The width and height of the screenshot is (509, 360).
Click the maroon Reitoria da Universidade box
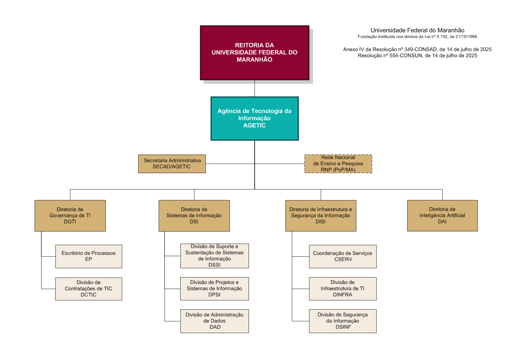(255, 53)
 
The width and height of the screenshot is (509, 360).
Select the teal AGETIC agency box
(255, 118)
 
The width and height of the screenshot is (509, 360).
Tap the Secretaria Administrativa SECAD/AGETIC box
(172, 164)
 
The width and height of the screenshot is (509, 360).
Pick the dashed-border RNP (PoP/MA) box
(338, 164)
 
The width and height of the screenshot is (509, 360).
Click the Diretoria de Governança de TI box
(70, 215)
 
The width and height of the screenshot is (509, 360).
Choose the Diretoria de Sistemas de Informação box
(194, 215)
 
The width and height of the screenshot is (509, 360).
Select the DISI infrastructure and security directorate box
(321, 215)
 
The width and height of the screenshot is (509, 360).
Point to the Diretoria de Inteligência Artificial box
(442, 215)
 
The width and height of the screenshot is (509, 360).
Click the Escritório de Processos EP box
(89, 256)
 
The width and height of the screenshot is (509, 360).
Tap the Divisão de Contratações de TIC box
(89, 289)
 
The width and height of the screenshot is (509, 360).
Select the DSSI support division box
(214, 256)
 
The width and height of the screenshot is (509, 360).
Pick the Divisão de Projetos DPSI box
(214, 289)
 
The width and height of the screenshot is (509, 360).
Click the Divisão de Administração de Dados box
(214, 321)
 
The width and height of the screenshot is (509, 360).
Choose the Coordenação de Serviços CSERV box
(343, 256)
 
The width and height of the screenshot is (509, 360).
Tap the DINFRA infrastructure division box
(343, 289)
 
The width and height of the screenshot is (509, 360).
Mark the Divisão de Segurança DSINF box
(343, 321)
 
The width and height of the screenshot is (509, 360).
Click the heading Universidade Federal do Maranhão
(417, 30)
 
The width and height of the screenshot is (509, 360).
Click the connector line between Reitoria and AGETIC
(255, 88)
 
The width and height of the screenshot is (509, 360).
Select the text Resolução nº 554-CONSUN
(390, 56)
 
